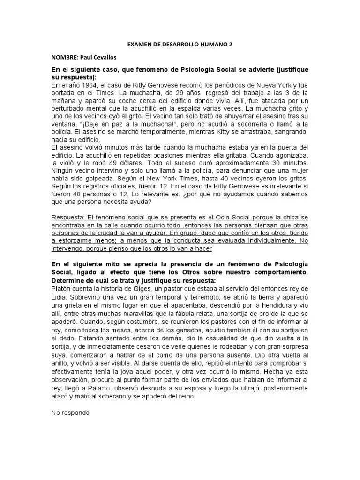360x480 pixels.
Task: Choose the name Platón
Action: (x=62, y=286)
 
